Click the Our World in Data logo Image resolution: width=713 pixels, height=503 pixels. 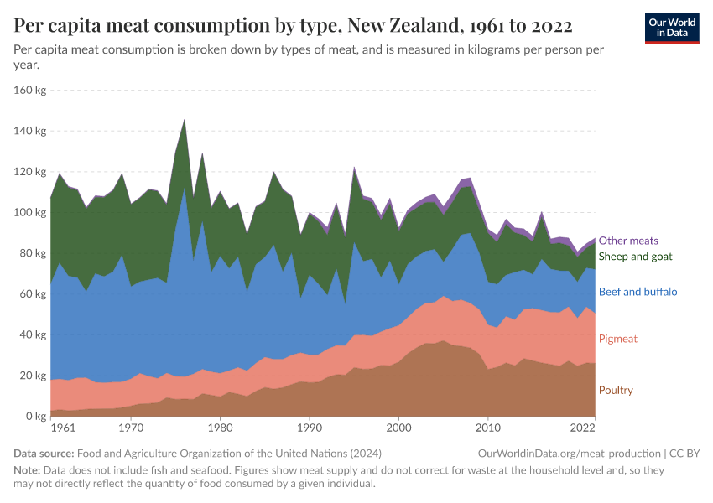pyautogui.click(x=671, y=28)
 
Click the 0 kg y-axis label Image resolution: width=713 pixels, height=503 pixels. pyautogui.click(x=36, y=416)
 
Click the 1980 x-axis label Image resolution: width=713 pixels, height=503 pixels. pyautogui.click(x=220, y=428)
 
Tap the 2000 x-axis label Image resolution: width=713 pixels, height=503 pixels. pyautogui.click(x=398, y=428)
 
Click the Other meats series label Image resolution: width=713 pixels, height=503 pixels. pyautogui.click(x=627, y=241)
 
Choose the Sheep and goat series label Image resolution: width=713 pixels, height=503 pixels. pyautogui.click(x=635, y=256)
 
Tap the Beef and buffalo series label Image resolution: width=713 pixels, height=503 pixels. pyautogui.click(x=638, y=292)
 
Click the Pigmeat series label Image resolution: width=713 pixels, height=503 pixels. pyautogui.click(x=618, y=339)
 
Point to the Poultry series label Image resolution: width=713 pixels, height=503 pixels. pyautogui.click(x=616, y=390)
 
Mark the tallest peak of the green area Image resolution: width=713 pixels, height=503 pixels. pyautogui.click(x=185, y=121)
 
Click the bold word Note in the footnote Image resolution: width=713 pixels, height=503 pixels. pyautogui.click(x=27, y=470)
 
